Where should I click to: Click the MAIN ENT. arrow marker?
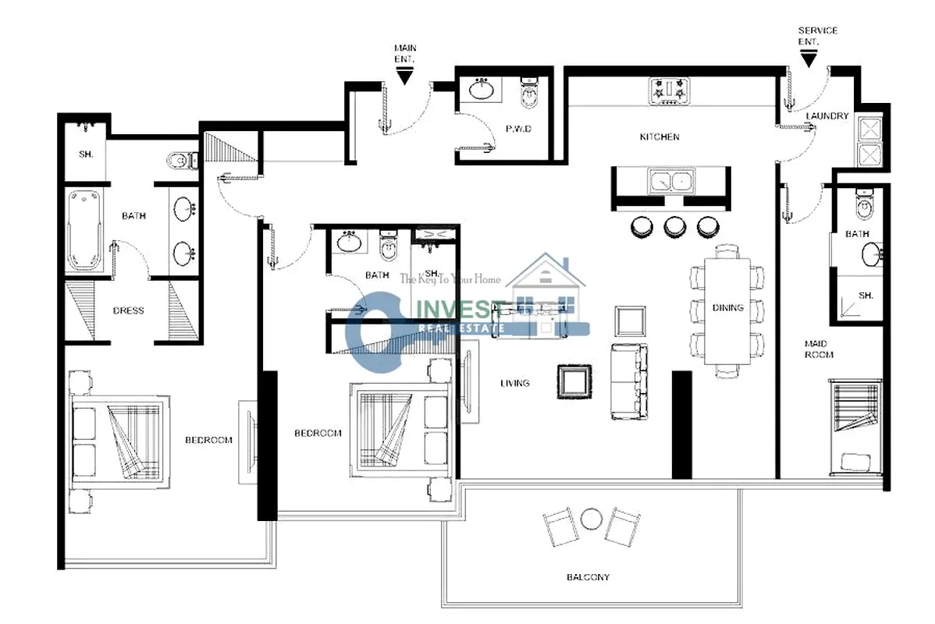404,76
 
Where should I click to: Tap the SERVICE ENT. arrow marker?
809,59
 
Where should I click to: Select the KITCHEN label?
659,137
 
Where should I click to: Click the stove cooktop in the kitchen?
669,92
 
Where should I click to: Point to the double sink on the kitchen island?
671,181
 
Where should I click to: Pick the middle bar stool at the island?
674,226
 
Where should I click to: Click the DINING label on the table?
727,308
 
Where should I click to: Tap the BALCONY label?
588,577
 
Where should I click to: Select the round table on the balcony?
591,519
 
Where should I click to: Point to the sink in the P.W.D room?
482,90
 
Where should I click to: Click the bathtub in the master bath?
87,230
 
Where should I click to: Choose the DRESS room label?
128,310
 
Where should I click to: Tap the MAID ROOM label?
819,349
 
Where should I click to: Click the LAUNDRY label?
827,115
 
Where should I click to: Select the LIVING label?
514,383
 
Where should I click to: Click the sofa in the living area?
628,381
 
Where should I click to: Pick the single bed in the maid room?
855,427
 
